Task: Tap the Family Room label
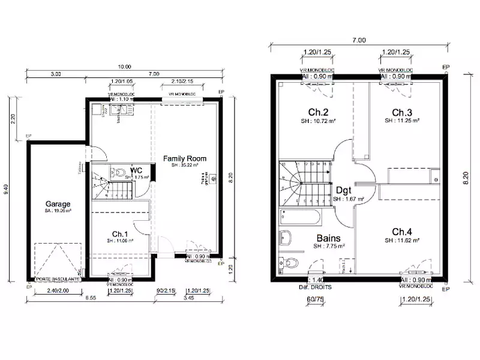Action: click(185, 159)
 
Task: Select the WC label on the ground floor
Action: click(136, 170)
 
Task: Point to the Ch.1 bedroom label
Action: click(120, 233)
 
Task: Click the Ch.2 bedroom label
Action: click(318, 113)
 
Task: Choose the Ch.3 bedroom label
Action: click(401, 113)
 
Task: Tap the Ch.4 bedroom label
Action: click(402, 232)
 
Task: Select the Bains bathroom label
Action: click(329, 238)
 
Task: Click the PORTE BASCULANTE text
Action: click(57, 279)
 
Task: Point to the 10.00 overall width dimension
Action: click(125, 67)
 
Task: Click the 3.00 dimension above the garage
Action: click(55, 74)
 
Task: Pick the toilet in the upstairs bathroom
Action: click(290, 262)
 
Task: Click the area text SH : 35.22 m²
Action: click(185, 166)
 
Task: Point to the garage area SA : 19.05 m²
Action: click(58, 211)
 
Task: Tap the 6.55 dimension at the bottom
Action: click(90, 298)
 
